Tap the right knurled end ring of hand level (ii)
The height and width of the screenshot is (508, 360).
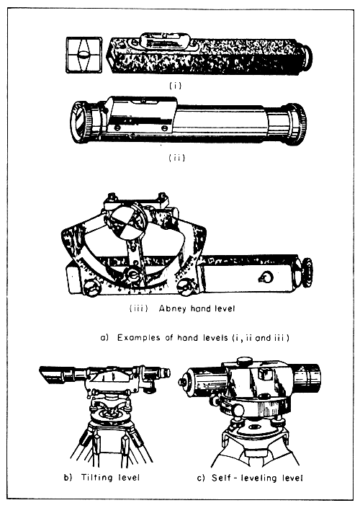point(295,122)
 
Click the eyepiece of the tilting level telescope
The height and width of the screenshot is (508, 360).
point(165,373)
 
